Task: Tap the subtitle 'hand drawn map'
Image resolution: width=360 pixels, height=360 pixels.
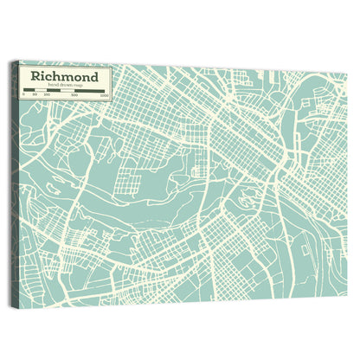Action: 65,86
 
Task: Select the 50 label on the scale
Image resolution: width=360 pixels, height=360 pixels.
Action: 35,94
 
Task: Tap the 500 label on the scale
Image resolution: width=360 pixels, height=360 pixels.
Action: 75,95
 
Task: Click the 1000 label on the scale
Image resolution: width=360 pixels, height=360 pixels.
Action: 104,95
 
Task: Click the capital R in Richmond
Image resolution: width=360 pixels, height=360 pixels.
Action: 36,75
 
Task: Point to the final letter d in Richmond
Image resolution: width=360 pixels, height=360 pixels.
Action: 94,75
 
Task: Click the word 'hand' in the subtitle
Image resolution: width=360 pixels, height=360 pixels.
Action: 54,86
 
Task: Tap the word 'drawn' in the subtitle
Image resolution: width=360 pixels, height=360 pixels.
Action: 65,86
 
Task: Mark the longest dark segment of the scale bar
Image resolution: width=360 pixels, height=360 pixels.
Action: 90,91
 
